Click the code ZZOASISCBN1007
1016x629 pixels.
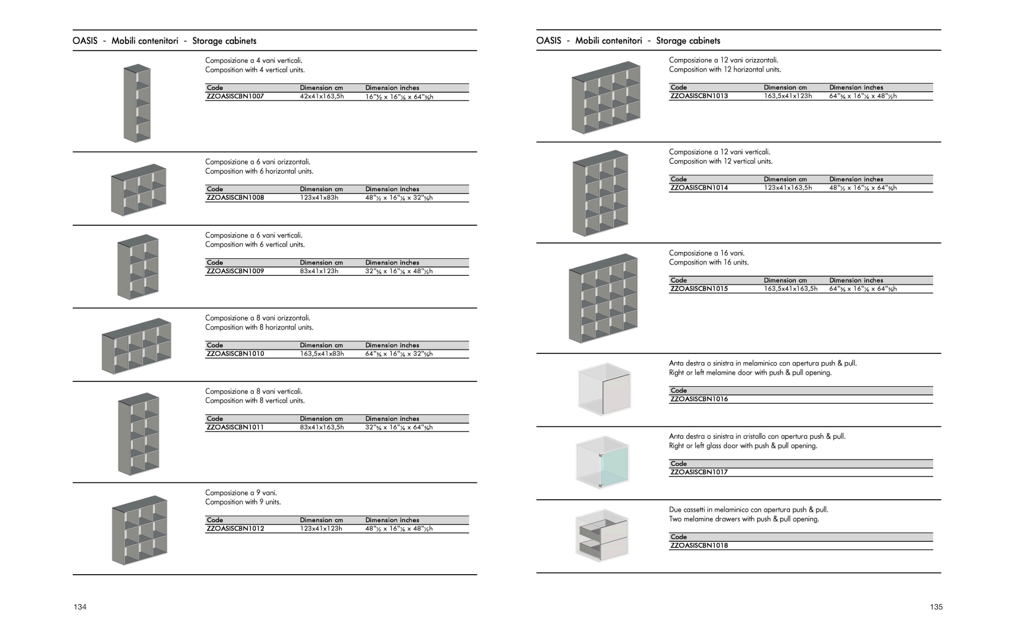click(235, 97)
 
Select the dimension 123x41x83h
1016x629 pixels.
click(319, 198)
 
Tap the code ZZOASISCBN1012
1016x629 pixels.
click(235, 529)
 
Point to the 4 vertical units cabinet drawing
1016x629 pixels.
click(137, 103)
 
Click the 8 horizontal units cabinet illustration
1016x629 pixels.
click(137, 346)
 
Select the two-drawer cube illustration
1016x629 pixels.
click(602, 535)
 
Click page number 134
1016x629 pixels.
click(80, 607)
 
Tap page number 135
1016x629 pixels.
click(936, 607)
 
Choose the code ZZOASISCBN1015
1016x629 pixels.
click(699, 289)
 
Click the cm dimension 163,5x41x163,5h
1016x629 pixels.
click(790, 289)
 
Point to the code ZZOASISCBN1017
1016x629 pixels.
click(699, 472)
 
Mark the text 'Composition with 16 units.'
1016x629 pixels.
click(708, 262)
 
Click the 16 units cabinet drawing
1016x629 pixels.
click(603, 298)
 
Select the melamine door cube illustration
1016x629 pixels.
click(604, 389)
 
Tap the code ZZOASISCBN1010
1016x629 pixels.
click(235, 354)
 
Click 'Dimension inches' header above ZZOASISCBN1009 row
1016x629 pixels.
click(392, 262)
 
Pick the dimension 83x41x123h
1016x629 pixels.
click(319, 271)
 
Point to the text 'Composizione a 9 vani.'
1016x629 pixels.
click(241, 493)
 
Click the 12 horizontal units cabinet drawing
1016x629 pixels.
click(606, 98)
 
